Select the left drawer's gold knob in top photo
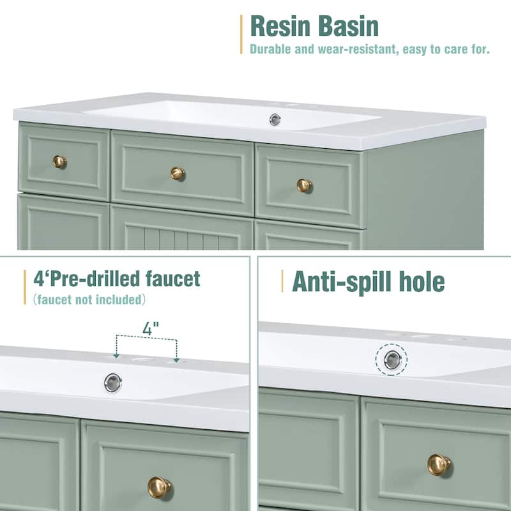[59, 162]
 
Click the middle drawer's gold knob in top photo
[178, 173]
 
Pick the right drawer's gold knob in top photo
[304, 185]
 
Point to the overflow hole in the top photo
[275, 119]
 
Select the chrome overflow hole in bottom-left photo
[113, 383]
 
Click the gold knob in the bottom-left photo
[159, 487]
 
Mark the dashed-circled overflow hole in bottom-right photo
[392, 360]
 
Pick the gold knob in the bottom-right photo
[439, 464]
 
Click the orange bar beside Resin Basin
[241, 34]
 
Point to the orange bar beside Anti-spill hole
[282, 281]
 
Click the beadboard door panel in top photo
[182, 236]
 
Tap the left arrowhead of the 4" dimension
[116, 355]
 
